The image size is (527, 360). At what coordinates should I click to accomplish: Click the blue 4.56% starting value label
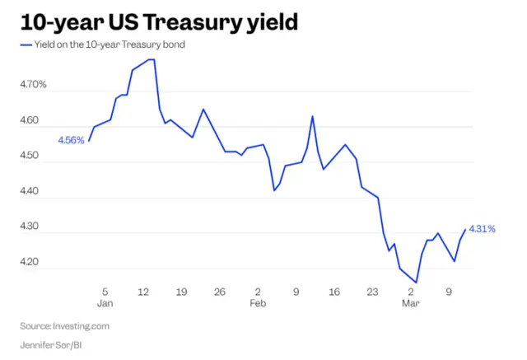click(71, 140)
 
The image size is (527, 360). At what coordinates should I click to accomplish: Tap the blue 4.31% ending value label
click(482, 229)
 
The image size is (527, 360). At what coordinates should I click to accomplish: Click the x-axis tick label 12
click(143, 292)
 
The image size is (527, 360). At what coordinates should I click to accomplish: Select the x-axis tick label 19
click(181, 292)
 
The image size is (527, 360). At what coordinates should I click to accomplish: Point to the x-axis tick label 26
click(219, 292)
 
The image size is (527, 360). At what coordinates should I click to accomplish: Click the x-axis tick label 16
click(333, 292)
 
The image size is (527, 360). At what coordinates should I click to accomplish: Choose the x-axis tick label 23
click(372, 292)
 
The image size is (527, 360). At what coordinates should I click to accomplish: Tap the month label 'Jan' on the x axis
click(105, 304)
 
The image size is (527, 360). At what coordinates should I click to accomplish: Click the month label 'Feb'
click(258, 304)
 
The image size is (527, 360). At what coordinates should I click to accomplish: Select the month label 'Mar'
click(411, 304)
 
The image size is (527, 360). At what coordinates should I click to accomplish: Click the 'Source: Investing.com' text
click(64, 325)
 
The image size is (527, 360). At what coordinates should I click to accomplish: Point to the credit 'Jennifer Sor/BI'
click(52, 344)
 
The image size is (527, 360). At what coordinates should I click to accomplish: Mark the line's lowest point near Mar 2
click(416, 283)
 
